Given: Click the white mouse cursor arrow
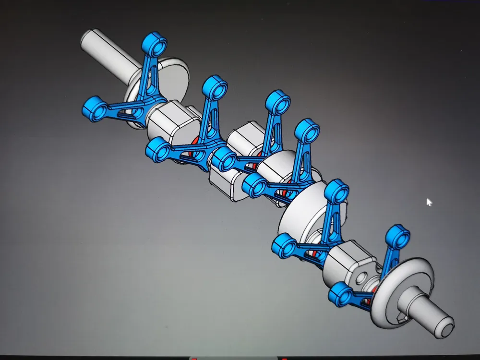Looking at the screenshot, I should pos(429,202).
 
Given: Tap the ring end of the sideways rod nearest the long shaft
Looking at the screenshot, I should pos(95,107).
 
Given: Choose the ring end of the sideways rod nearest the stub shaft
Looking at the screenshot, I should pos(342,294).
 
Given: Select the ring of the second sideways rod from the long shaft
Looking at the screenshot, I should pos(159,148).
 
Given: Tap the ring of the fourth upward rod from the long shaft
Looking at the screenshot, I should pos(307,131).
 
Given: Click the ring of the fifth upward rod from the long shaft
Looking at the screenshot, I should pos(336,191).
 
